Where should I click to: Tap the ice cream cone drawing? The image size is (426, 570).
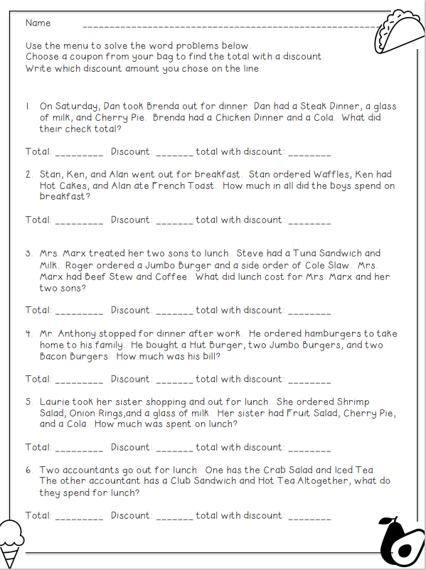coord(11,536)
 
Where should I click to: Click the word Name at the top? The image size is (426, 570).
coord(38,23)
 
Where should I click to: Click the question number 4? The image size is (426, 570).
coord(28,333)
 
